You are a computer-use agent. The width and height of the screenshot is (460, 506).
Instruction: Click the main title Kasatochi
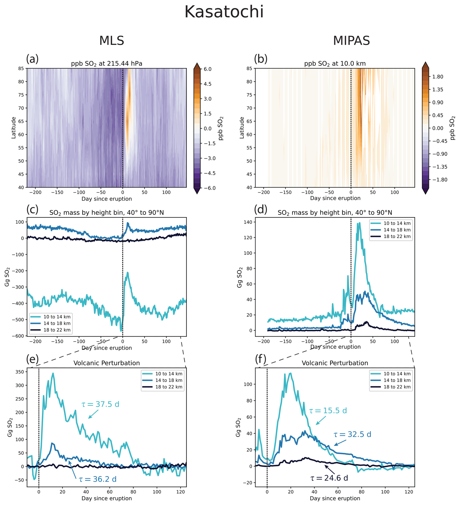224,12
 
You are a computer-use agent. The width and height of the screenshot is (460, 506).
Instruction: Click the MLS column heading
112,41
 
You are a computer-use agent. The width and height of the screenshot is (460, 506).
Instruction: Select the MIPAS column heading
351,41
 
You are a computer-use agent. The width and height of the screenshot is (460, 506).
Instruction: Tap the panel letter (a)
32,59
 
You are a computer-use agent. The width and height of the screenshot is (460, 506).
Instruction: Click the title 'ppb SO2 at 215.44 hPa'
106,64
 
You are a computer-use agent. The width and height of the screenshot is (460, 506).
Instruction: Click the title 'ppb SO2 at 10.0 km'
335,64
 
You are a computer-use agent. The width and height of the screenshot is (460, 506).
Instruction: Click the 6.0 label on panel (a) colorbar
207,69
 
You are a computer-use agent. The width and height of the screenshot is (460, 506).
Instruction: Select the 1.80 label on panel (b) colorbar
437,77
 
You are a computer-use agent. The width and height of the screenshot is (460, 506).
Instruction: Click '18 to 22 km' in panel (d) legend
397,236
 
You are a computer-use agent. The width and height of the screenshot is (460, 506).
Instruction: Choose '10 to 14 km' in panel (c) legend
57,317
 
